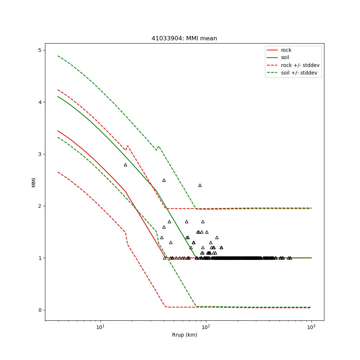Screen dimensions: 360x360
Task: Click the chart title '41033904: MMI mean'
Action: click(x=184, y=39)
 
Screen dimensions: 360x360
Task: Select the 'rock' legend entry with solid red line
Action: click(x=286, y=50)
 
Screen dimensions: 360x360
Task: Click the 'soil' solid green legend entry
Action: click(x=285, y=58)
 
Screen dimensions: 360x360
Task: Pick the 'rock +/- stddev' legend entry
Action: click(x=300, y=65)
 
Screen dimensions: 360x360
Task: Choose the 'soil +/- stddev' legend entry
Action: click(x=300, y=73)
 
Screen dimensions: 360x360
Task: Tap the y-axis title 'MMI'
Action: click(x=33, y=182)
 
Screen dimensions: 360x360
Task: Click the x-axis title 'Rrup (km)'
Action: click(x=184, y=335)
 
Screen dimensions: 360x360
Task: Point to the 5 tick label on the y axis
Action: click(x=40, y=50)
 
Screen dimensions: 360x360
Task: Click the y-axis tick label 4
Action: click(x=40, y=102)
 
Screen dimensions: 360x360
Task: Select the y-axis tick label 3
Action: click(x=40, y=154)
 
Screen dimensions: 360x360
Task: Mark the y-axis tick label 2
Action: click(x=40, y=206)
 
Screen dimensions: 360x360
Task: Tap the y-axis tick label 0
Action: click(x=40, y=310)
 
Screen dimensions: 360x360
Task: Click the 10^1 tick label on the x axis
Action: click(x=100, y=327)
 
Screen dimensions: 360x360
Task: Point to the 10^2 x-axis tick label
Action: click(x=206, y=327)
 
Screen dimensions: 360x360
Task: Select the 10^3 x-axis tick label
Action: click(x=311, y=327)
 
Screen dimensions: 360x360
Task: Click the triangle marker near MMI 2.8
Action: click(x=125, y=165)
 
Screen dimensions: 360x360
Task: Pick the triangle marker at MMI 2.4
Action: click(x=200, y=185)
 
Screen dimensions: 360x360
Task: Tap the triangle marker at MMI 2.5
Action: click(x=164, y=180)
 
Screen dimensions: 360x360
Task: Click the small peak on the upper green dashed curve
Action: click(x=158, y=146)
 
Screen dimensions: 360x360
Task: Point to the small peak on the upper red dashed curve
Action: click(x=127, y=146)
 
